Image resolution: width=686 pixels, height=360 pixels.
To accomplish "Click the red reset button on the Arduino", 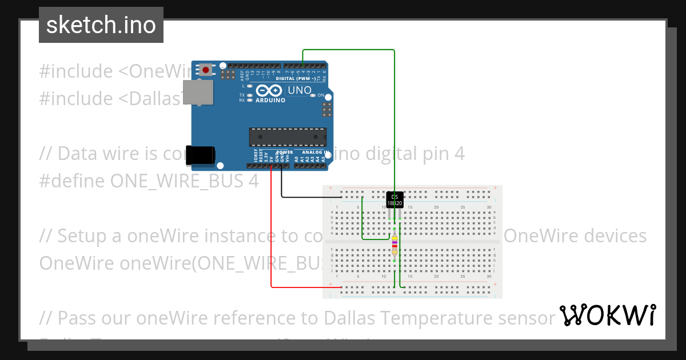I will tap(205, 70).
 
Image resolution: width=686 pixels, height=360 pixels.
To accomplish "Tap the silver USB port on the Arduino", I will tap(197, 93).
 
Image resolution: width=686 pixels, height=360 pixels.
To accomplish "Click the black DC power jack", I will tap(201, 155).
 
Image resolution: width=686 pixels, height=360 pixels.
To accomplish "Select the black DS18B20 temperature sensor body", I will tap(394, 199).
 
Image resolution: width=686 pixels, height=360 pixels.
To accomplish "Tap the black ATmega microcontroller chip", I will tap(288, 137).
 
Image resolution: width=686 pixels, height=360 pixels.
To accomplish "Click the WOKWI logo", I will tap(607, 315).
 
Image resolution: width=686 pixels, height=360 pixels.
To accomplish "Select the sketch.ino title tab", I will tap(101, 25).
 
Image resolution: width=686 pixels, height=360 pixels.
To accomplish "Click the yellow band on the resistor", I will tap(394, 239).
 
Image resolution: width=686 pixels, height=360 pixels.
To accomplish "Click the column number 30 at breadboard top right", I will tap(488, 207).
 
